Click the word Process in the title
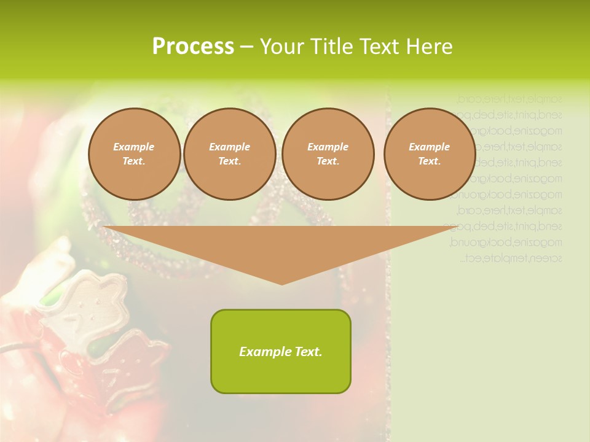[193, 47]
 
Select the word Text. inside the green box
[309, 352]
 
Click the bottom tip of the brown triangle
[281, 283]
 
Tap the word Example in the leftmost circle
[134, 147]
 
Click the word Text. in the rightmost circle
[429, 161]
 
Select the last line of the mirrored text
[511, 258]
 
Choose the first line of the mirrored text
[509, 98]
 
